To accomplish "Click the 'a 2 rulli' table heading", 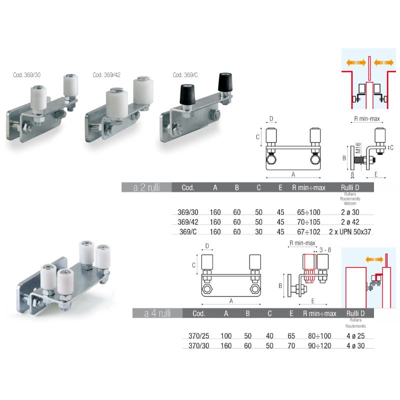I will [x=146, y=188].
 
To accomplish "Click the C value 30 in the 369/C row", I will [x=258, y=231].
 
